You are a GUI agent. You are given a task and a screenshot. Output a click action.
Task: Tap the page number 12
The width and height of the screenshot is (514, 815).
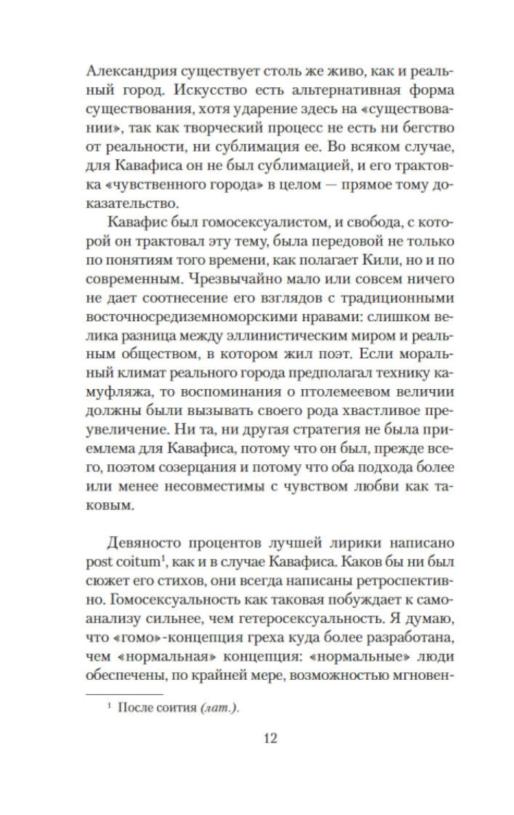pyautogui.click(x=270, y=738)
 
